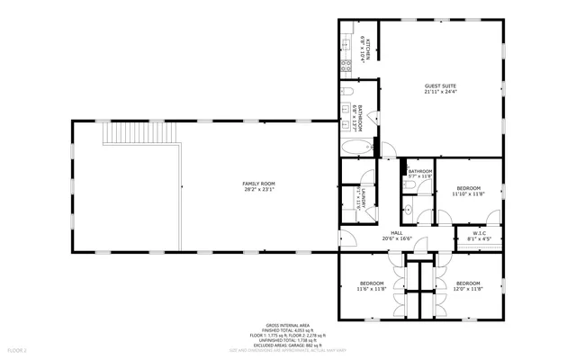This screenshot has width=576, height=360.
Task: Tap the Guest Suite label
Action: tap(441, 86)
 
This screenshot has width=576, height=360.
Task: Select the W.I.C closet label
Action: tap(481, 234)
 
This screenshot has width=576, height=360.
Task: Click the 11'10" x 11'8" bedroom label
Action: tap(468, 188)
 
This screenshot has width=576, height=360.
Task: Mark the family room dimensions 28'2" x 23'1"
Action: tap(257, 189)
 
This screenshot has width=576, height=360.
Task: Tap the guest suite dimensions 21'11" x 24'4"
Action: tap(441, 92)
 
